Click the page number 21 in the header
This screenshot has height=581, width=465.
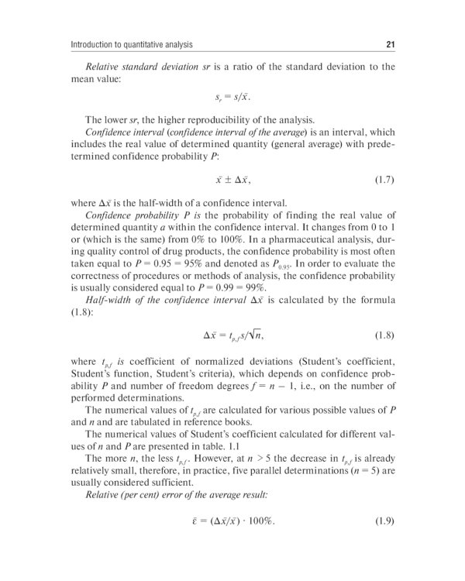tap(390, 43)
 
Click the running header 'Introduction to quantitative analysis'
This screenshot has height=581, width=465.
tap(131, 43)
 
